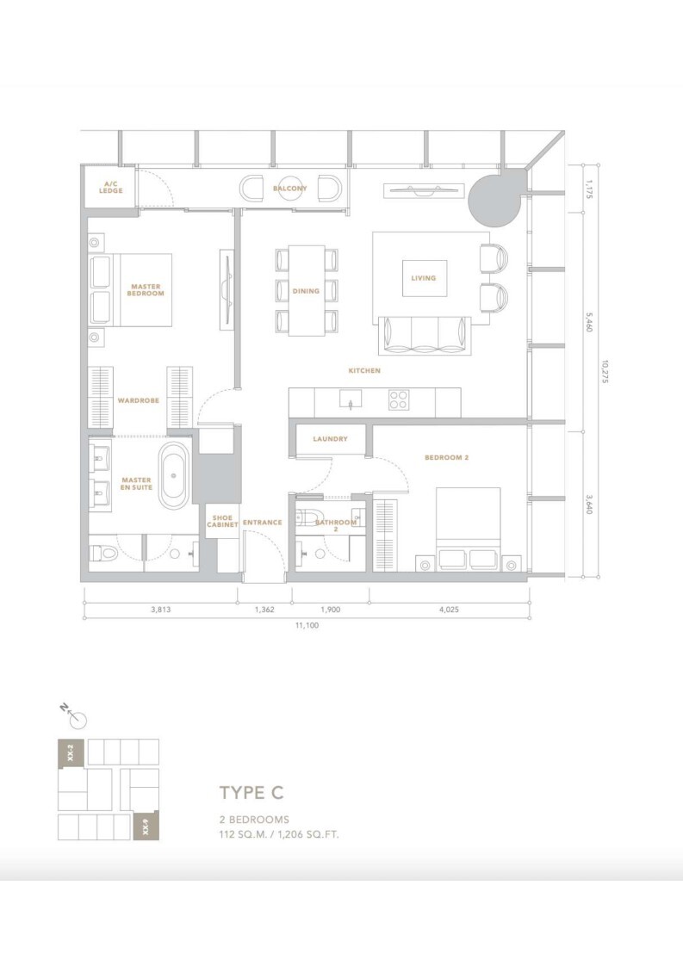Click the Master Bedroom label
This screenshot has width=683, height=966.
click(146, 290)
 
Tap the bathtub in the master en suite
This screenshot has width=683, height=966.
click(174, 475)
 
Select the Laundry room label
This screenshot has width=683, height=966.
click(331, 439)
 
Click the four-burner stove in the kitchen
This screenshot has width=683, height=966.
click(399, 399)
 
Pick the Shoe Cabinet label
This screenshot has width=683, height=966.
click(222, 521)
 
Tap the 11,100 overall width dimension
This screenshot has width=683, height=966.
click(307, 625)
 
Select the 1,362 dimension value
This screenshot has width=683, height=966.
click(264, 610)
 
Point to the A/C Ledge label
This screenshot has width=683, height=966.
click(111, 188)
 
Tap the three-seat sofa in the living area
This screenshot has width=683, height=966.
click(425, 336)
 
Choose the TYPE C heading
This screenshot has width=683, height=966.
click(251, 792)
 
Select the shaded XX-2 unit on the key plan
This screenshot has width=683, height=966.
click(71, 752)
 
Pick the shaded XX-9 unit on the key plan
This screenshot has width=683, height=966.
click(146, 827)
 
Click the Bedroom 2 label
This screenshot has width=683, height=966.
click(447, 458)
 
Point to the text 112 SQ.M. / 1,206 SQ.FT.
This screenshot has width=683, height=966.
click(279, 835)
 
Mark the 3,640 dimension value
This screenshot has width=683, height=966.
click(589, 505)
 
